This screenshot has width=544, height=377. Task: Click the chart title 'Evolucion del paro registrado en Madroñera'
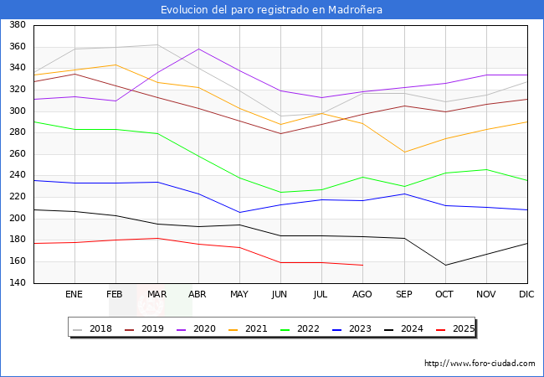[x=272, y=9]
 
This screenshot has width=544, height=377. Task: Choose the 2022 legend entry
[x=307, y=328]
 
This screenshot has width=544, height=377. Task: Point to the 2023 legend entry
[x=359, y=328]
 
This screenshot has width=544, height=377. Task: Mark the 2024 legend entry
[x=411, y=328]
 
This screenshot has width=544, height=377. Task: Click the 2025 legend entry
[x=462, y=328]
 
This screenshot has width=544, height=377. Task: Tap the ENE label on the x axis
[x=74, y=295]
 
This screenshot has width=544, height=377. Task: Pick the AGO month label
[x=362, y=295]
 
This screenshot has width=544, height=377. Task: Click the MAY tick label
[x=239, y=295]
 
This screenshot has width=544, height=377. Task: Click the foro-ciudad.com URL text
[x=480, y=364]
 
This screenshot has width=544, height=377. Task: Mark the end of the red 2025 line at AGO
[x=362, y=265]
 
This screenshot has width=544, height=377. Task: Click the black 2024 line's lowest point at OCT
[x=445, y=266]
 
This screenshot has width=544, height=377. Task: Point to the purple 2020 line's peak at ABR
[x=198, y=49]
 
